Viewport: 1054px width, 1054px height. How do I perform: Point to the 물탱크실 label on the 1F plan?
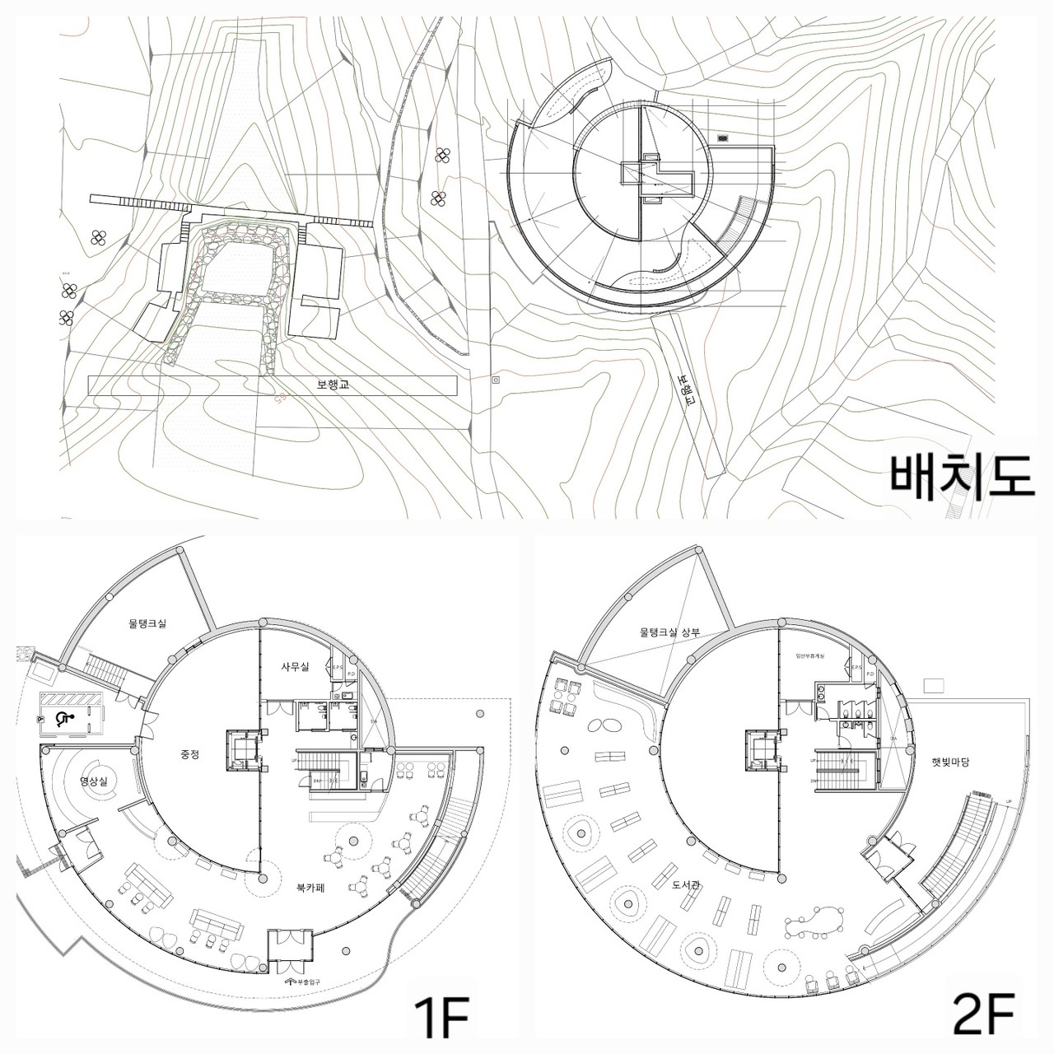[147, 624]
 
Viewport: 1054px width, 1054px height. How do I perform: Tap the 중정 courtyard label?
[191, 753]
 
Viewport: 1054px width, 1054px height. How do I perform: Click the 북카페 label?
[314, 888]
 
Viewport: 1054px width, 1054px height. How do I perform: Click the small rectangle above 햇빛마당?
[935, 685]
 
